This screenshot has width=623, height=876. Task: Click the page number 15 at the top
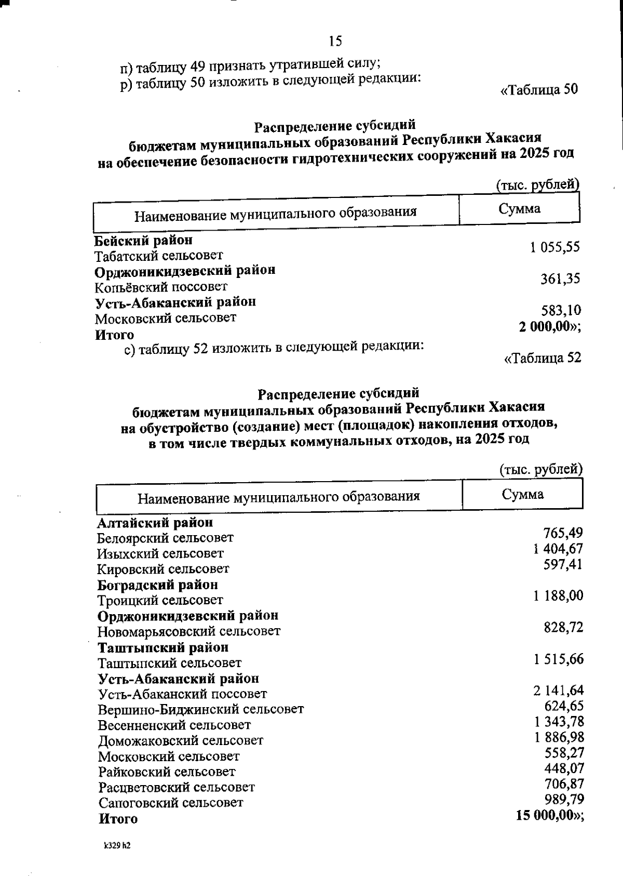(335, 41)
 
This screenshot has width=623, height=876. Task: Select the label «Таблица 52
(543, 357)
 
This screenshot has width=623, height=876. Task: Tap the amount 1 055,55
(554, 247)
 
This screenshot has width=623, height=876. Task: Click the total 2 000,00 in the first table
(549, 327)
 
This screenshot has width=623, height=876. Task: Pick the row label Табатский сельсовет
(158, 256)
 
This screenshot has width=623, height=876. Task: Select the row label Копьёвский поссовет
(160, 287)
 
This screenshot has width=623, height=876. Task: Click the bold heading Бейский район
(143, 241)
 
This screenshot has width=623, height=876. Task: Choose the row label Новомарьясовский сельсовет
(189, 631)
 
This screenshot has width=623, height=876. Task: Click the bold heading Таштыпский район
(163, 647)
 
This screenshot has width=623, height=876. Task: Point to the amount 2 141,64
(558, 690)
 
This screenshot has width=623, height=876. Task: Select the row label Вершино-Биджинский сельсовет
(201, 709)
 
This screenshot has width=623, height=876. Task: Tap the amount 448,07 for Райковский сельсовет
(564, 768)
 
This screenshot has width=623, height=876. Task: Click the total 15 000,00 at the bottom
(549, 815)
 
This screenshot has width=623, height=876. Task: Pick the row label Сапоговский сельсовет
(171, 803)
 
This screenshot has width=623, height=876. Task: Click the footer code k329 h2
(117, 846)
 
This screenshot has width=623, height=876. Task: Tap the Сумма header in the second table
(522, 494)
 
